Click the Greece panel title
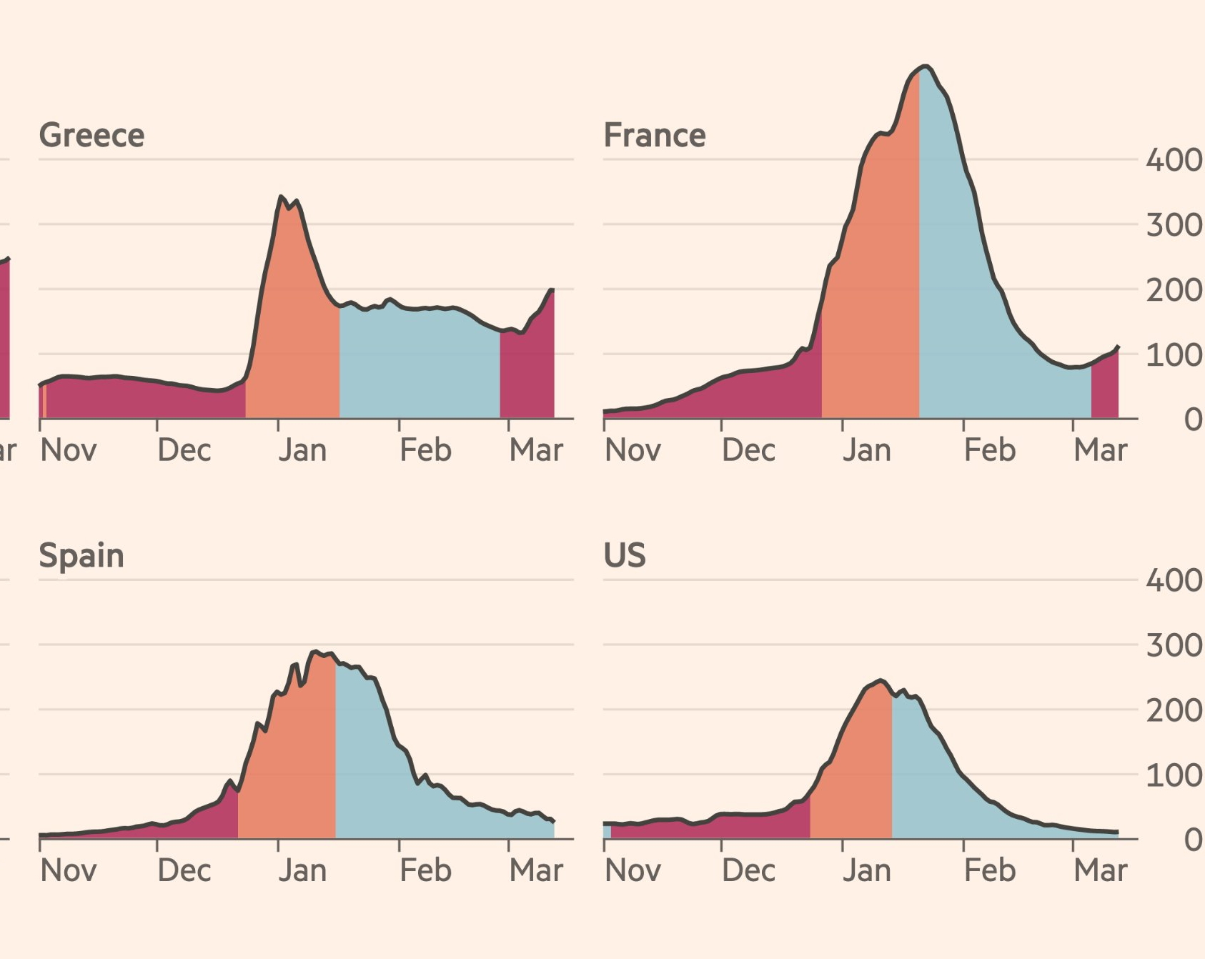coord(91,135)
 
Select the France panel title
coord(655,135)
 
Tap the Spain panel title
coord(81,556)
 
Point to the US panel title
coord(625,555)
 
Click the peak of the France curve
coord(926,66)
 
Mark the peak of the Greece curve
coord(281,197)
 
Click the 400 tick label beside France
coord(1174,159)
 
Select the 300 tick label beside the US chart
coord(1174,645)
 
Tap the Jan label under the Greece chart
coord(302,450)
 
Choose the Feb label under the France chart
coord(990,450)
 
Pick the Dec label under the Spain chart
coord(184,870)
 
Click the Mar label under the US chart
coord(1101,870)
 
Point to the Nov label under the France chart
coord(633,450)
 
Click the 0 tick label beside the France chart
coord(1192,419)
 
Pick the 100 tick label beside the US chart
coord(1174,775)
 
